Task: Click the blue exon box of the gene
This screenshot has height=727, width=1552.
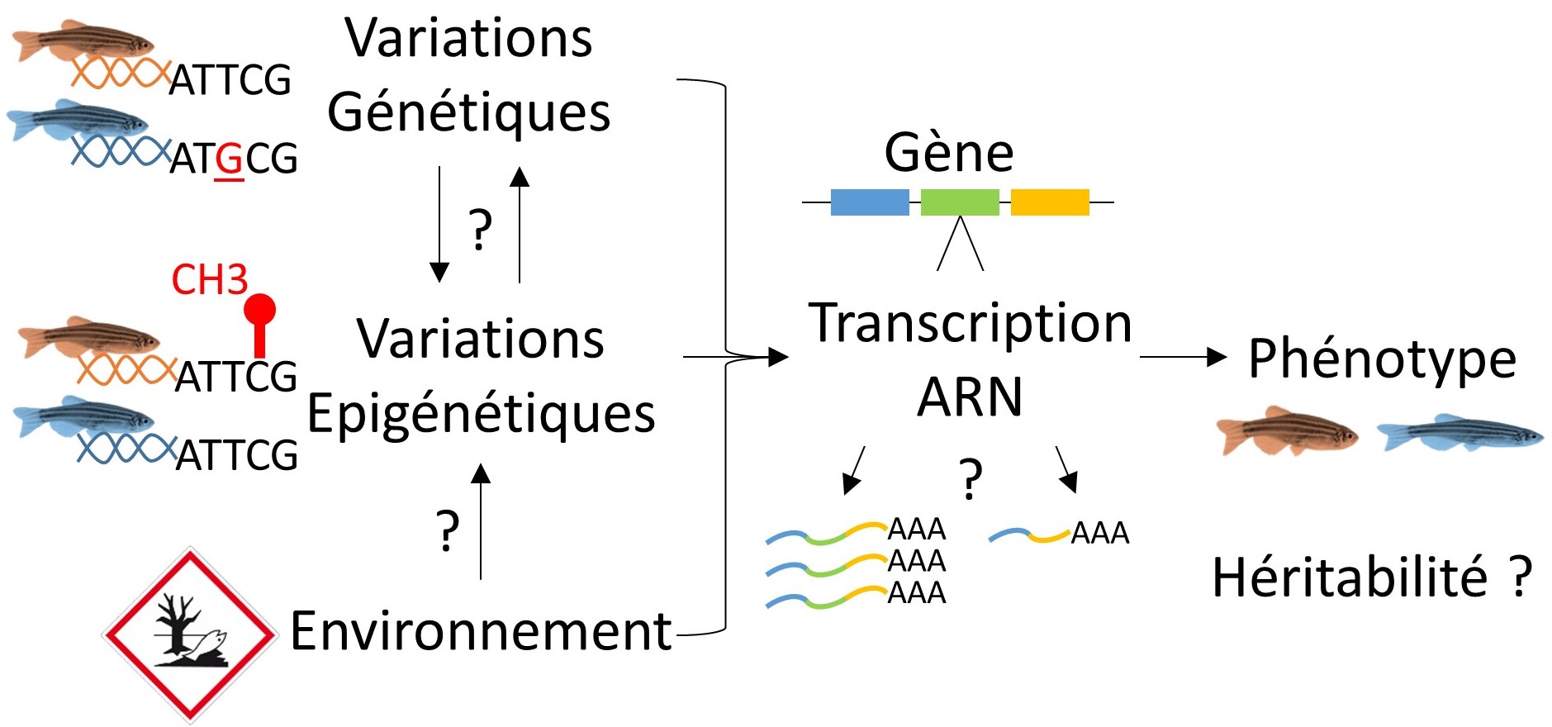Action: [x=869, y=202]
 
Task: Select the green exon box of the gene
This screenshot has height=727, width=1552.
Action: [x=960, y=202]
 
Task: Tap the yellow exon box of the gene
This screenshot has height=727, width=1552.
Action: [x=1050, y=202]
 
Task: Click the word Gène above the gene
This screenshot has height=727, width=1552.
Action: [x=949, y=153]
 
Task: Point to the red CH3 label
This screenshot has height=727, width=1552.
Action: [x=209, y=280]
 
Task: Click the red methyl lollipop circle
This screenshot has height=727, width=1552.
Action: [x=259, y=310]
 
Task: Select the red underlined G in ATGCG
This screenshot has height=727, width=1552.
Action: [x=229, y=159]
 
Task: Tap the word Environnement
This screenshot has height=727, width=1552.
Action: [x=481, y=631]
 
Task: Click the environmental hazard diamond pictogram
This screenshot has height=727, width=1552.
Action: [x=189, y=634]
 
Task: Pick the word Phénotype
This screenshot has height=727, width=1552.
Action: [x=1382, y=359]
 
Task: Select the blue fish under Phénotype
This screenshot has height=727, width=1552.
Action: [x=1459, y=434]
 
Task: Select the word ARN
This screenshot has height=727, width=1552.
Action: [x=970, y=397]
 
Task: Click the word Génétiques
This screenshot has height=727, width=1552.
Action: [x=468, y=113]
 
